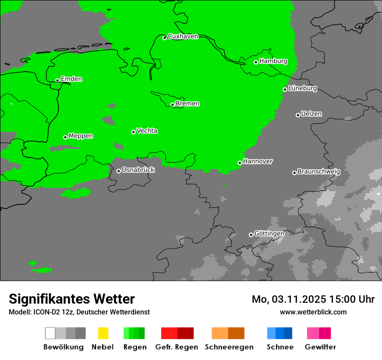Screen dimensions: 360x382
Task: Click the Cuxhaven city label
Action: click(x=183, y=36)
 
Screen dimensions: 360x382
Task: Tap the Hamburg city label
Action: click(x=273, y=61)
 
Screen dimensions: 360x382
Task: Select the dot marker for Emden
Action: click(x=57, y=80)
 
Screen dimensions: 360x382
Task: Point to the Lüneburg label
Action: click(x=302, y=88)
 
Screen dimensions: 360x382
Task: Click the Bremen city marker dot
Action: click(x=172, y=105)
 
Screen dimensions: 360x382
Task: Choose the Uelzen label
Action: click(x=311, y=114)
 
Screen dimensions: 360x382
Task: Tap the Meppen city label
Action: click(x=81, y=136)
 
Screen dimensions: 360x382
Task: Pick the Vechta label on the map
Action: click(x=147, y=131)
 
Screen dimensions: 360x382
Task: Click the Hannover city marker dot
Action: click(x=240, y=163)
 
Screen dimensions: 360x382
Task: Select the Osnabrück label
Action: click(x=138, y=170)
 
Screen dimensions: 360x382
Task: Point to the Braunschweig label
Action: click(x=319, y=171)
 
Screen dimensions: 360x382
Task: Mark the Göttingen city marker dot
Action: click(x=251, y=235)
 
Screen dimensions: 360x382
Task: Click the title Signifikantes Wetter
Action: click(x=72, y=299)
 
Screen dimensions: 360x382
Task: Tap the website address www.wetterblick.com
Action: click(x=313, y=312)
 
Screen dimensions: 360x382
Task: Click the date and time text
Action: click(x=313, y=299)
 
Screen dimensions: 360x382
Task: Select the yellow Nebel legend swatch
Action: click(x=103, y=333)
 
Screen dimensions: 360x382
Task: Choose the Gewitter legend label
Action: click(x=320, y=347)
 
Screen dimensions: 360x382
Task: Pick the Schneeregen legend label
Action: click(x=229, y=347)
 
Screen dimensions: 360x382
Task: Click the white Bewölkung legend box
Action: click(x=50, y=333)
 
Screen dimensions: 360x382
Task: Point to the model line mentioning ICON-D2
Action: click(x=79, y=312)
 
